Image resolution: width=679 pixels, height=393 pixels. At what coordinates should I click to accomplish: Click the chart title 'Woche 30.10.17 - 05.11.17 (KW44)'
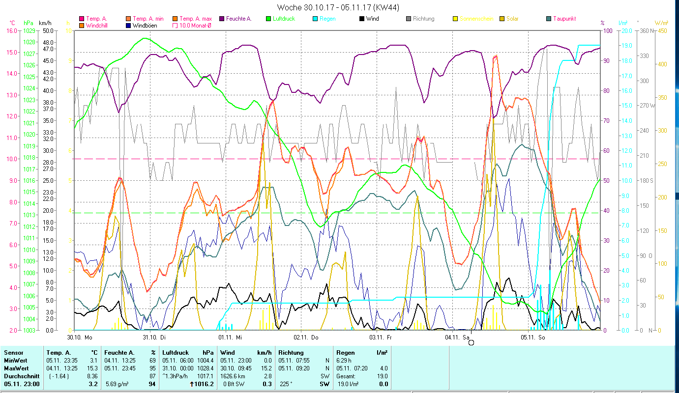click(338, 7)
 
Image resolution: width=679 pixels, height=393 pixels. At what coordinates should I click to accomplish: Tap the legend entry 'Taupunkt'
click(564, 19)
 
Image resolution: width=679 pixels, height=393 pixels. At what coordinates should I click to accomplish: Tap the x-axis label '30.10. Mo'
click(80, 337)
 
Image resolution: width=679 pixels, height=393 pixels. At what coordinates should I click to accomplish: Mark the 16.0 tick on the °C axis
click(11, 30)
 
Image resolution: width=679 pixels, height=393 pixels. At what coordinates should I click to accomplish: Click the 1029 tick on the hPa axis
click(29, 30)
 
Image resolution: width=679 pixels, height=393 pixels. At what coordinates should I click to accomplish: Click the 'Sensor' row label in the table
click(13, 353)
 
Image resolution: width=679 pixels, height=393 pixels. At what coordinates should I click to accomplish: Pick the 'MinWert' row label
click(16, 361)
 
